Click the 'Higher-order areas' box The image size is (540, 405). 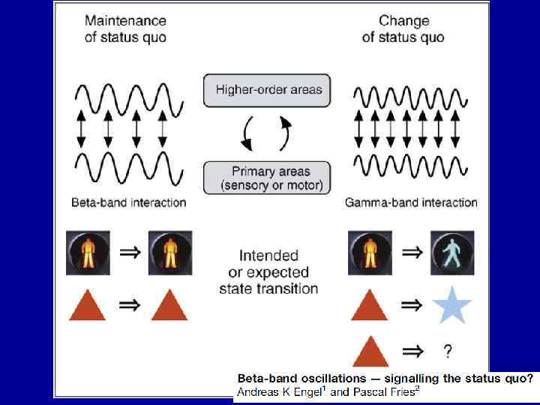click(268, 90)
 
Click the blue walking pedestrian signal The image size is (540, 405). click(451, 253)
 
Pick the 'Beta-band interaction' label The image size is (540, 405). click(128, 202)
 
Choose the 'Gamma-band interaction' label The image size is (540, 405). click(411, 202)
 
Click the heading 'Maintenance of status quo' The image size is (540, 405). click(125, 28)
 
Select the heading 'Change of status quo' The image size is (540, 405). click(403, 28)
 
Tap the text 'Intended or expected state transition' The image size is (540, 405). click(268, 271)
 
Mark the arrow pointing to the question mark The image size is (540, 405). click(412, 350)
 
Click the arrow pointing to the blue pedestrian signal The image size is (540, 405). click(412, 253)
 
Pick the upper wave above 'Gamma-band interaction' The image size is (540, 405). click(410, 97)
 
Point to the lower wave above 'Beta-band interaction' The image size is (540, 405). click(128, 167)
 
